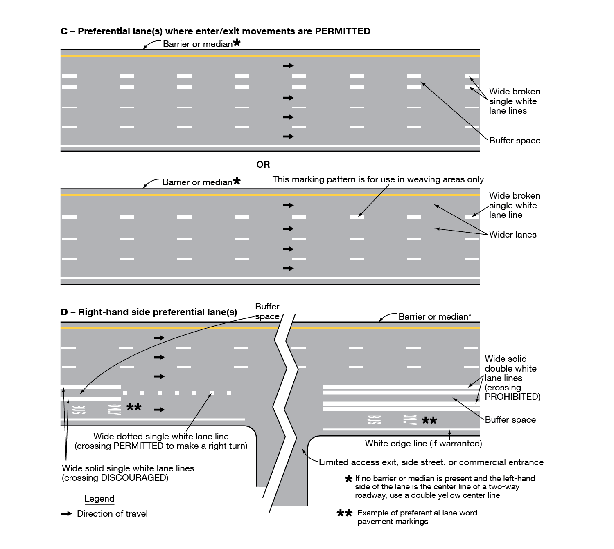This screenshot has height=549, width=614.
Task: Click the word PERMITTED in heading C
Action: (343, 31)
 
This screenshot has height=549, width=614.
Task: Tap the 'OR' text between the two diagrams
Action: (263, 165)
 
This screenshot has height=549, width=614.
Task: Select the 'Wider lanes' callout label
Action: (512, 235)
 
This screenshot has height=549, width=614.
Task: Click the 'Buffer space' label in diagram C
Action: (515, 141)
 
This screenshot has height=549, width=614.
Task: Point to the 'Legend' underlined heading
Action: (99, 499)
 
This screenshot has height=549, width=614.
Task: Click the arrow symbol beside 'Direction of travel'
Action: (66, 514)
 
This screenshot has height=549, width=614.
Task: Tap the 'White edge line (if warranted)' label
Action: (423, 444)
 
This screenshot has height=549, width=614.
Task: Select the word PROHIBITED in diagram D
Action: (512, 397)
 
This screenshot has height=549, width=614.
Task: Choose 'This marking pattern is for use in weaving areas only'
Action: (378, 179)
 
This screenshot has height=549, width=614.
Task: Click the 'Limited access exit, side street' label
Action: (431, 462)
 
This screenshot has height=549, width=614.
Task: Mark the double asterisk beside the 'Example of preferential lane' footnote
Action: (344, 513)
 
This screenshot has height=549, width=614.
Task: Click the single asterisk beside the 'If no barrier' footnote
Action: (349, 479)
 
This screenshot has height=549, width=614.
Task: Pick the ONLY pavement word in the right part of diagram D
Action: (409, 420)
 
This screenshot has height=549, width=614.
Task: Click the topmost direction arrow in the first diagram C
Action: (288, 65)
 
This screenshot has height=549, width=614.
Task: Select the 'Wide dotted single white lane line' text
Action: (161, 437)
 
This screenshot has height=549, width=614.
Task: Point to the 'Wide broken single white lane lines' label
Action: (514, 101)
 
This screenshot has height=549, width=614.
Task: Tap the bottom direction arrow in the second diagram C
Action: (288, 269)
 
